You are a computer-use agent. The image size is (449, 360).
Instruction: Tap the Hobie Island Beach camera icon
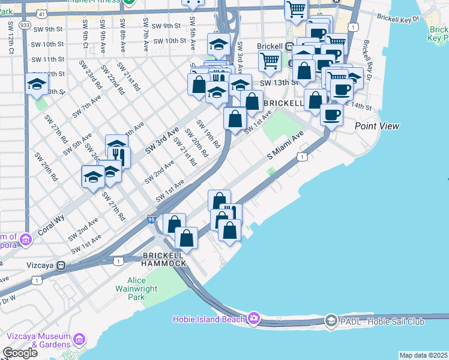click(x=254, y=317)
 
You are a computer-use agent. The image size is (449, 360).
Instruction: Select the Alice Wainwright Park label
click(x=145, y=289)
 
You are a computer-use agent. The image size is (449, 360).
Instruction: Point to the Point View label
click(x=377, y=126)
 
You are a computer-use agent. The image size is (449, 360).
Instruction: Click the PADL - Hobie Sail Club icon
click(x=330, y=321)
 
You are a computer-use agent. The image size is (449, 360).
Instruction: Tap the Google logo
click(x=20, y=353)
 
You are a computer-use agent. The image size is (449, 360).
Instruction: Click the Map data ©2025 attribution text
click(x=423, y=355)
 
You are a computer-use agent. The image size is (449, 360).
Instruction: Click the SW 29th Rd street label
click(x=46, y=166)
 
